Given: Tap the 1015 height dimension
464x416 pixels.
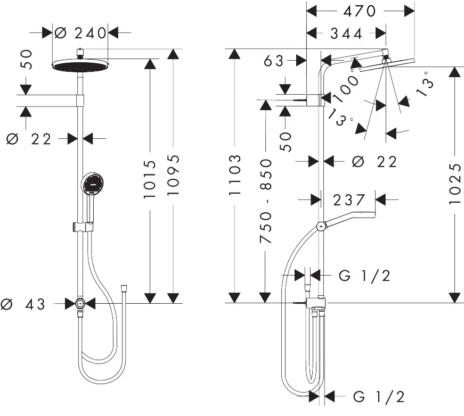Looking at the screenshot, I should click(x=151, y=179).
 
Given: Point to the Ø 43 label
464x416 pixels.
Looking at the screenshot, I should click(x=26, y=304).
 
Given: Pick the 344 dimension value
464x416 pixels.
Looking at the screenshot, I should click(x=346, y=34).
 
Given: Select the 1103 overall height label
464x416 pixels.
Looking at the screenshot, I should click(x=235, y=175).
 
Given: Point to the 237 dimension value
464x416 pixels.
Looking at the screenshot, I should click(x=349, y=200).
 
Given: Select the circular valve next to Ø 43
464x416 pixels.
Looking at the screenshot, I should click(x=79, y=304).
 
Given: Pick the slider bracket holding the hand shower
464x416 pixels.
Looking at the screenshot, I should click(x=79, y=227).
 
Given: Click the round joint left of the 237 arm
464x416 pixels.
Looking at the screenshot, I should click(x=320, y=226).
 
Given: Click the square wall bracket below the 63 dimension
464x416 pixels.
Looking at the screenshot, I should click(x=315, y=99).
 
